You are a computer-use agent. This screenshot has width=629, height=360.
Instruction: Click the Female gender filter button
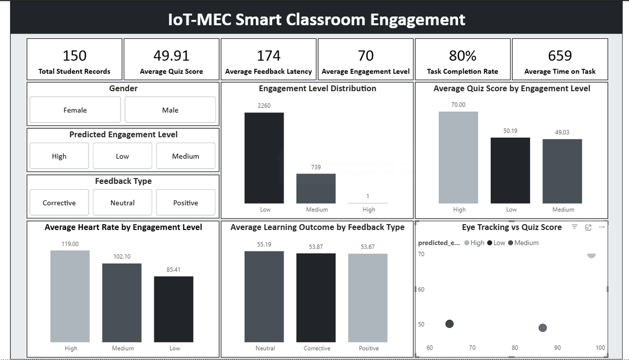(x=75, y=110)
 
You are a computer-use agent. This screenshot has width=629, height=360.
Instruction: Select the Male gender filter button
(x=170, y=110)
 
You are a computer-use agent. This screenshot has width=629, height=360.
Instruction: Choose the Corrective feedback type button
(x=59, y=203)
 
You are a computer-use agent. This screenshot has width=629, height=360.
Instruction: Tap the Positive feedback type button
(x=186, y=203)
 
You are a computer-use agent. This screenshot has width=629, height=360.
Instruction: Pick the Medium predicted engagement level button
(x=186, y=156)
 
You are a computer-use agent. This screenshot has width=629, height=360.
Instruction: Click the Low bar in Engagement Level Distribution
(x=264, y=158)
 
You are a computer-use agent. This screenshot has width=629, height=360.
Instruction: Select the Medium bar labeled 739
(x=316, y=188)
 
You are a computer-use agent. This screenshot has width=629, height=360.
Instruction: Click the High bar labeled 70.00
(x=458, y=157)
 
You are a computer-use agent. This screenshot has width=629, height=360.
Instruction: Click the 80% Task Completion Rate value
(x=462, y=56)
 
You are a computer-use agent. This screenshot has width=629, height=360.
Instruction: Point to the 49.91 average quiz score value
(x=171, y=56)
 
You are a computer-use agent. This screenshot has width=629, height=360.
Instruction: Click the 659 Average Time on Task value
(x=560, y=56)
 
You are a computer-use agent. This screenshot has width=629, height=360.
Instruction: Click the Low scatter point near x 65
(x=449, y=324)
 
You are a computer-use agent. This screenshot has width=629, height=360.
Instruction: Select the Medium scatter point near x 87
(x=543, y=328)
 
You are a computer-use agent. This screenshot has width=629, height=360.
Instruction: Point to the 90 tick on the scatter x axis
(x=557, y=347)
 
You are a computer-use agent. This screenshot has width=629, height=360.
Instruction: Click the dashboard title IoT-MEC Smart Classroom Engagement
(x=317, y=19)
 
